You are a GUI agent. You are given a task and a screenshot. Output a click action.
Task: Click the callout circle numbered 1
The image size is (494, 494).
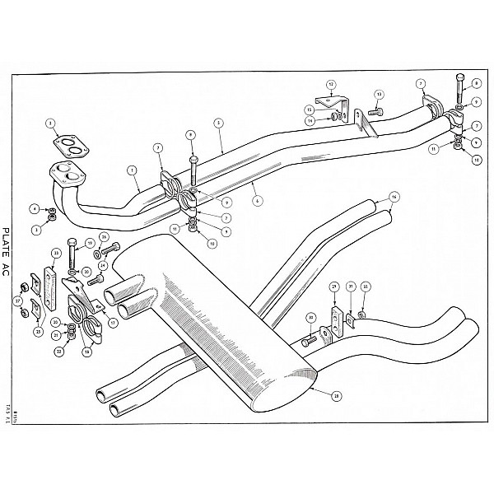[131, 170]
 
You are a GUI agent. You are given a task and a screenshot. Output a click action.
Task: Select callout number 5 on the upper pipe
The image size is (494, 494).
[218, 123]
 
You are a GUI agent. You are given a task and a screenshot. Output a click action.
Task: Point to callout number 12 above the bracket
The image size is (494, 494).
[331, 85]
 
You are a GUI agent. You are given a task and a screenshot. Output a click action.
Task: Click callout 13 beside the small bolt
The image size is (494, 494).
[379, 95]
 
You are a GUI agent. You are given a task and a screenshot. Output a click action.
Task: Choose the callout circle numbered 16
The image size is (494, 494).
[394, 197]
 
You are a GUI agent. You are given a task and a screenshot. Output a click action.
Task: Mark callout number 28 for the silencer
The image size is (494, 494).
[336, 395]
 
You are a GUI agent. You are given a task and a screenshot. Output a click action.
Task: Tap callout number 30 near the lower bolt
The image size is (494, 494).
[310, 317]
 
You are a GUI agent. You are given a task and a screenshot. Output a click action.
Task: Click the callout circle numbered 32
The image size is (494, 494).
[366, 287]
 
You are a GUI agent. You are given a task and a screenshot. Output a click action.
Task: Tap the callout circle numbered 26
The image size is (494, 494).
[105, 237]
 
